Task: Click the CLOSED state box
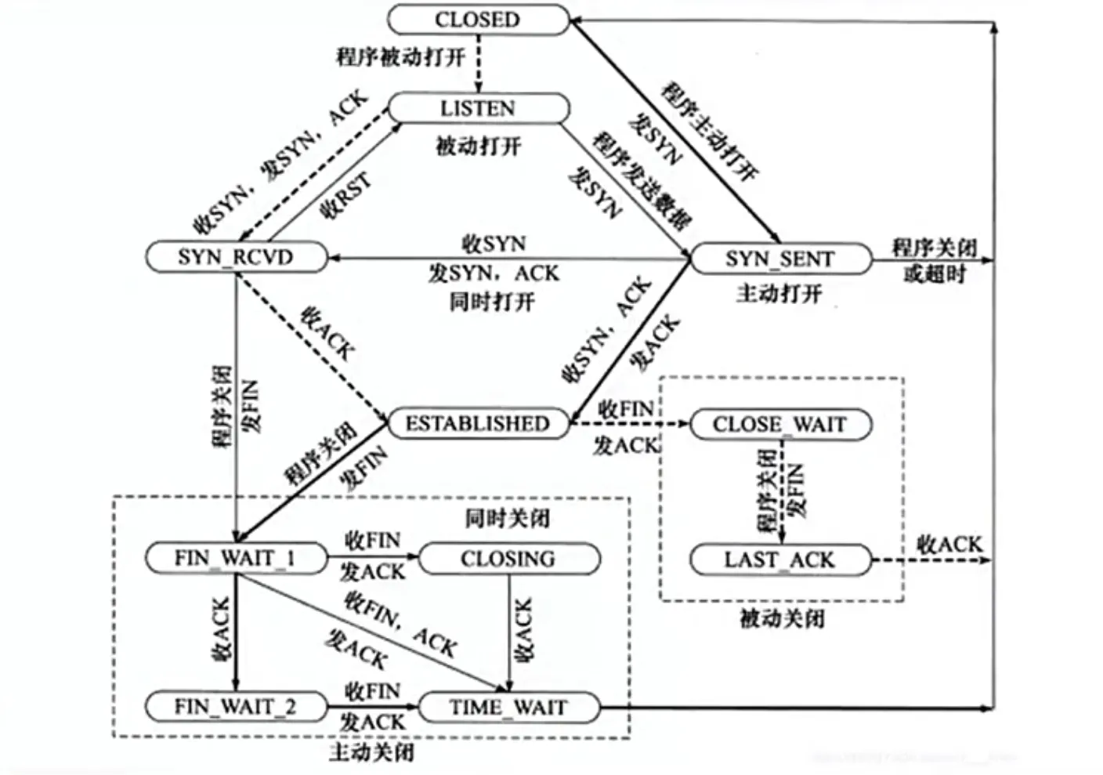pos(478,20)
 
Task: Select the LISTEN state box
pos(478,108)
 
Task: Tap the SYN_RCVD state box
pos(235,257)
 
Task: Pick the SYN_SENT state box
pos(779,259)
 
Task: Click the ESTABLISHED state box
pos(477,423)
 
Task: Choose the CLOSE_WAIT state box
pos(779,424)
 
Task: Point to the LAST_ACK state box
pos(779,560)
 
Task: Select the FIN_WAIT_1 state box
pos(235,558)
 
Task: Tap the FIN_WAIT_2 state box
pos(235,707)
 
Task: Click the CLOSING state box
pos(508,559)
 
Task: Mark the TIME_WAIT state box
pos(508,707)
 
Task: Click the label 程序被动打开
pos(401,57)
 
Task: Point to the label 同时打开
pos(492,302)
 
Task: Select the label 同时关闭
pos(508,518)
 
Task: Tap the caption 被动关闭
pos(782,619)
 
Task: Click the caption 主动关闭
pos(371,753)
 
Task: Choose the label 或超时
pos(935,274)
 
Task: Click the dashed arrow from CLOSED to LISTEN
pos(479,63)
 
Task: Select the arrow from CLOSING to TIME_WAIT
pos(509,627)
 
